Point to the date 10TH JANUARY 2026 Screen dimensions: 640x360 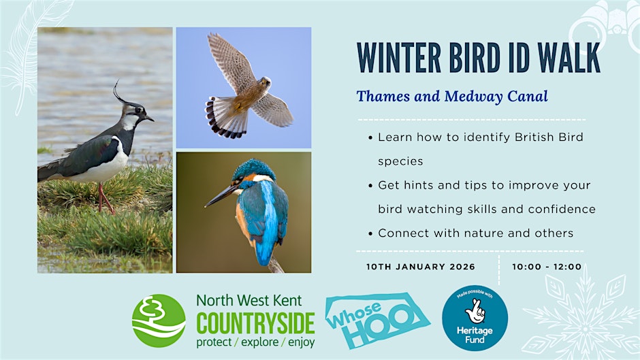(x=421, y=267)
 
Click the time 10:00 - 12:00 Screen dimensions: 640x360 (x=547, y=267)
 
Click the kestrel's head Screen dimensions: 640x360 (x=265, y=84)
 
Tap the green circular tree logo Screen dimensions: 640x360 (x=159, y=321)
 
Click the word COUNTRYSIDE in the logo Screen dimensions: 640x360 (x=255, y=323)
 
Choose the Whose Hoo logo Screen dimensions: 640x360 (x=377, y=321)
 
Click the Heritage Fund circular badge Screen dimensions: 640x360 (x=475, y=318)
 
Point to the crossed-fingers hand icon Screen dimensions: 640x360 (x=475, y=311)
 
